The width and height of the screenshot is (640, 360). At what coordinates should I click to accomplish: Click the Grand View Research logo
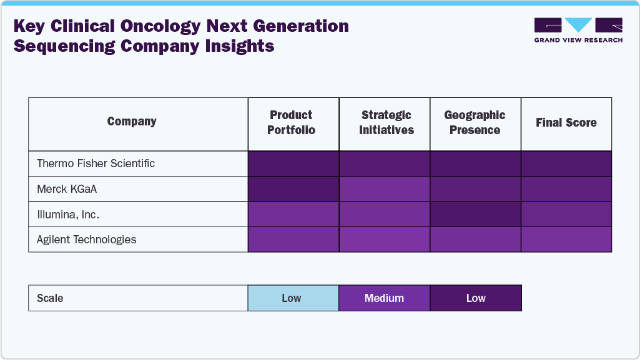click(x=578, y=30)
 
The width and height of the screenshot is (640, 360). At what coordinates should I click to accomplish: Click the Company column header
click(x=132, y=122)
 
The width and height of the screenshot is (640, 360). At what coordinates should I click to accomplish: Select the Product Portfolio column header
click(x=291, y=123)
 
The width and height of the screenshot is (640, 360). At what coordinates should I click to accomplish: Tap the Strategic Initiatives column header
click(x=386, y=123)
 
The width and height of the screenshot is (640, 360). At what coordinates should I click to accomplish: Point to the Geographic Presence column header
click(x=475, y=123)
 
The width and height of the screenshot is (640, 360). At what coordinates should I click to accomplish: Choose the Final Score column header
click(x=566, y=123)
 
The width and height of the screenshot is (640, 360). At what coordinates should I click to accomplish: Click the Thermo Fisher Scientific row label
click(x=96, y=163)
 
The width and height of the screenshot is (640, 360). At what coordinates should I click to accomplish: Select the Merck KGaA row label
click(x=67, y=189)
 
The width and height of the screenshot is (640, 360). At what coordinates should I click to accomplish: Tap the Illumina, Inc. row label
click(x=68, y=214)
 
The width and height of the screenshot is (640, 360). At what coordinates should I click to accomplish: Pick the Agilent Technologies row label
click(x=86, y=240)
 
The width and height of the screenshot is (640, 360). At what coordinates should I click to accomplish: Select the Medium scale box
click(x=384, y=298)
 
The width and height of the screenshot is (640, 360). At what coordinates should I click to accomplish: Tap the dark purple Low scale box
click(x=475, y=298)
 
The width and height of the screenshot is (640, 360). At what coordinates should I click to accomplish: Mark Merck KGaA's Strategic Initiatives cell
click(x=384, y=189)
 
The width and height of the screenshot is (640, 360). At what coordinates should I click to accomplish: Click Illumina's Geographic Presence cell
click(x=475, y=214)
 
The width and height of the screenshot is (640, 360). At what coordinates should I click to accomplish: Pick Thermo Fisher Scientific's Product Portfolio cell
click(x=293, y=163)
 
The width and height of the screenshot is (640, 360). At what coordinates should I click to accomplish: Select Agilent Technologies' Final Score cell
click(x=566, y=240)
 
